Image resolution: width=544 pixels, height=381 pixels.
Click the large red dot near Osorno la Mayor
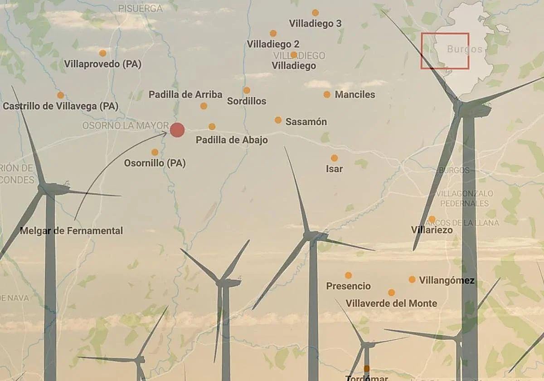[x=177, y=130]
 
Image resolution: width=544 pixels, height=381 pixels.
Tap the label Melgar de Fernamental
[x=71, y=231]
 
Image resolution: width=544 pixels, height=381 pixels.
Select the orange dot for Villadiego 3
[x=315, y=13]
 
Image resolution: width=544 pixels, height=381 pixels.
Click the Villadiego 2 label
[x=273, y=44]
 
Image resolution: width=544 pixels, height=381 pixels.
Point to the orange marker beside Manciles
[x=327, y=94]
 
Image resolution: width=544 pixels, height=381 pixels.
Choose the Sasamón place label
[x=306, y=122]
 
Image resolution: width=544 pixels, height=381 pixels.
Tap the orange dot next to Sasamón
[x=278, y=120]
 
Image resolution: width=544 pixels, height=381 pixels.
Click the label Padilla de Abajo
[x=232, y=140]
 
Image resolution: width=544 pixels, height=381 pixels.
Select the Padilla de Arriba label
[x=185, y=95]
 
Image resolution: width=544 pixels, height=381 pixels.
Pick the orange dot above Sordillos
[x=247, y=90]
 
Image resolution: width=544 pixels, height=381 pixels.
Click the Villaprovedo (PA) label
[x=102, y=64]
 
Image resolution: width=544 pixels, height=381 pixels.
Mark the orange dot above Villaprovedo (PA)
[x=102, y=53]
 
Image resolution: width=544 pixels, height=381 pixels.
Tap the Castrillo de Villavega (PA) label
[x=60, y=107]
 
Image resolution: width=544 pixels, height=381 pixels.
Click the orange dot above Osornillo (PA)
[x=155, y=152]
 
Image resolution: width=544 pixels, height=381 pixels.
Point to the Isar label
[x=334, y=169]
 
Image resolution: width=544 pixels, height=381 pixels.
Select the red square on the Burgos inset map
[x=445, y=51]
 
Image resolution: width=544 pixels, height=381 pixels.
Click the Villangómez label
[x=447, y=281]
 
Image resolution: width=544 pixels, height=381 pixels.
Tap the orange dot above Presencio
[x=348, y=275]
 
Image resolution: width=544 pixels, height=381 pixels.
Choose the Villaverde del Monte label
[x=391, y=303]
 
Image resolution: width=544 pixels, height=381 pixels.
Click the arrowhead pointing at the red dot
[x=165, y=133]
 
